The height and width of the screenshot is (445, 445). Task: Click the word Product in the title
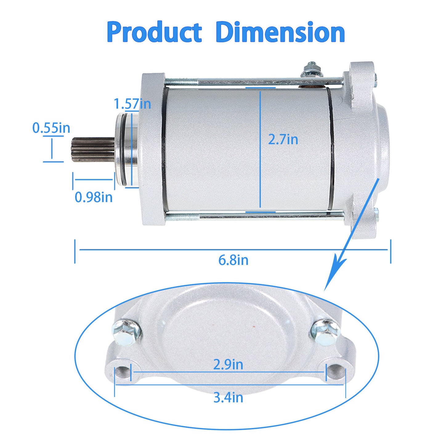pyautogui.click(x=154, y=32)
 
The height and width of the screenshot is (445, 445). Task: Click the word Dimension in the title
pyautogui.click(x=280, y=32)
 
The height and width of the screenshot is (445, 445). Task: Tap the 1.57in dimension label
pyautogui.click(x=132, y=104)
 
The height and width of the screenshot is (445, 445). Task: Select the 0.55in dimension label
pyautogui.click(x=51, y=128)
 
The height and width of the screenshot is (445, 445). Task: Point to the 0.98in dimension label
pyautogui.click(x=94, y=197)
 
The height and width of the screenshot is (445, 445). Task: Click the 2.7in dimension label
pyautogui.click(x=283, y=140)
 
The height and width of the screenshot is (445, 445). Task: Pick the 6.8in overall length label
pyautogui.click(x=233, y=260)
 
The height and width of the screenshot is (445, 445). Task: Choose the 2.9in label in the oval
pyautogui.click(x=228, y=365)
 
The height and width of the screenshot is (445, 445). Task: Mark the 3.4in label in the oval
pyautogui.click(x=228, y=398)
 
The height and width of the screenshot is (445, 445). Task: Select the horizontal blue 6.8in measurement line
pyautogui.click(x=233, y=250)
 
